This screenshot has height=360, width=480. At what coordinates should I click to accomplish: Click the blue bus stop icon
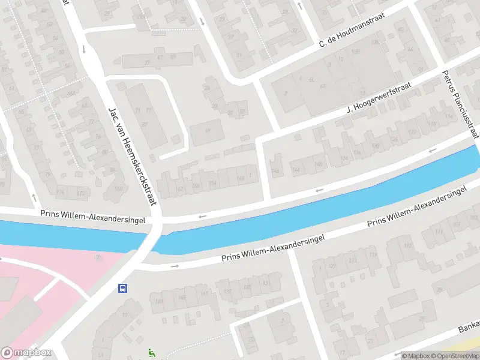coord(122,288)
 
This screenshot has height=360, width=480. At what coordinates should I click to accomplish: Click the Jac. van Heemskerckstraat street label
coord(132,156)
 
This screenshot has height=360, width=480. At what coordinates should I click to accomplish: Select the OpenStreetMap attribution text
coord(453,356)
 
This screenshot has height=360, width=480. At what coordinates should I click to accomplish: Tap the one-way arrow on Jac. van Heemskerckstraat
coord(83,49)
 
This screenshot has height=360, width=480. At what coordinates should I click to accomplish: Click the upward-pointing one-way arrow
coord(299,6)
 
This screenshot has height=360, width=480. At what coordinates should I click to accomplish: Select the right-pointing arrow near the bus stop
coord(175,265)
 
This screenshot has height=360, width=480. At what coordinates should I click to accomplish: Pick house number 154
coord(211,182)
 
